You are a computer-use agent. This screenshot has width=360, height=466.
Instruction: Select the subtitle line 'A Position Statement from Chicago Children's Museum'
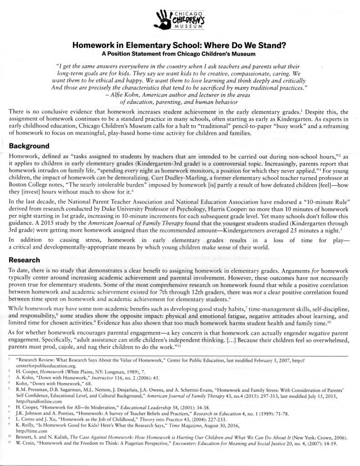pyautogui.click(x=180, y=53)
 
